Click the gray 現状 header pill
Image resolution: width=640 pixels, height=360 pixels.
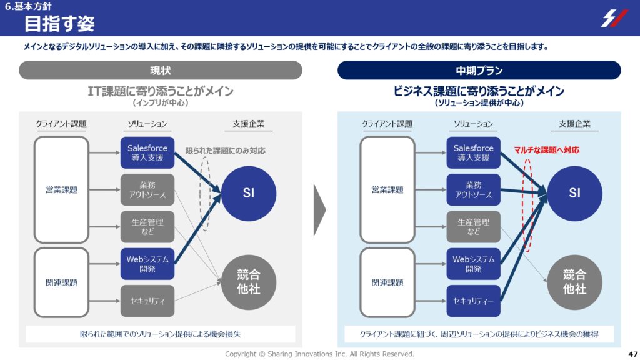pos(161,70)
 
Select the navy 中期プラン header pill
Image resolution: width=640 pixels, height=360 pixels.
pos(479,70)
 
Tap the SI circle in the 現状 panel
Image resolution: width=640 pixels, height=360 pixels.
pos(249,194)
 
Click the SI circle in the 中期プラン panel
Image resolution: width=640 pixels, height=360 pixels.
pos(575,194)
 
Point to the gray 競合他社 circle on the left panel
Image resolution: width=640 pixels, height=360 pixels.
pos(249,282)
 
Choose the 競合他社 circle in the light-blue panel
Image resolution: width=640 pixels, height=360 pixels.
pos(575,282)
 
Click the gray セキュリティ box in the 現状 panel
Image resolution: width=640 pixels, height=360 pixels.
pos(147,301)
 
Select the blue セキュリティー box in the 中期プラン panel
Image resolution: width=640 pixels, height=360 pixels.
pos(474,301)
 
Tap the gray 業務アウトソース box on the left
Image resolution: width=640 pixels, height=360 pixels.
pos(147,190)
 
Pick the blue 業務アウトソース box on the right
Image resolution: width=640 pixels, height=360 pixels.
pos(474,190)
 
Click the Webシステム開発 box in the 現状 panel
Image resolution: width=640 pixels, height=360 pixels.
pos(147,264)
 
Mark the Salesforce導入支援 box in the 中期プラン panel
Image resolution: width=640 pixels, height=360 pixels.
pos(474,152)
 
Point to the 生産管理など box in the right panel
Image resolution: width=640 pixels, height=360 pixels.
pos(474,226)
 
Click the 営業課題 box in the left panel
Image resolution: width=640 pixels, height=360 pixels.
pos(61,190)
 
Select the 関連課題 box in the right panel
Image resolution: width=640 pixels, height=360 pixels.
pos(387,282)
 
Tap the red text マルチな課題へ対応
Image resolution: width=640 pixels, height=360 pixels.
pos(546,150)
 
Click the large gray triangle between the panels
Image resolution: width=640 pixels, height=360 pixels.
pos(319,210)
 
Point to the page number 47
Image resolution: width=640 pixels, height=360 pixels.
pos(632,354)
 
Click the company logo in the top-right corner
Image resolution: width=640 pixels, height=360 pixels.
pos(614,18)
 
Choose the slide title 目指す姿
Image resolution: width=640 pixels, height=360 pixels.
pos(59,23)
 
